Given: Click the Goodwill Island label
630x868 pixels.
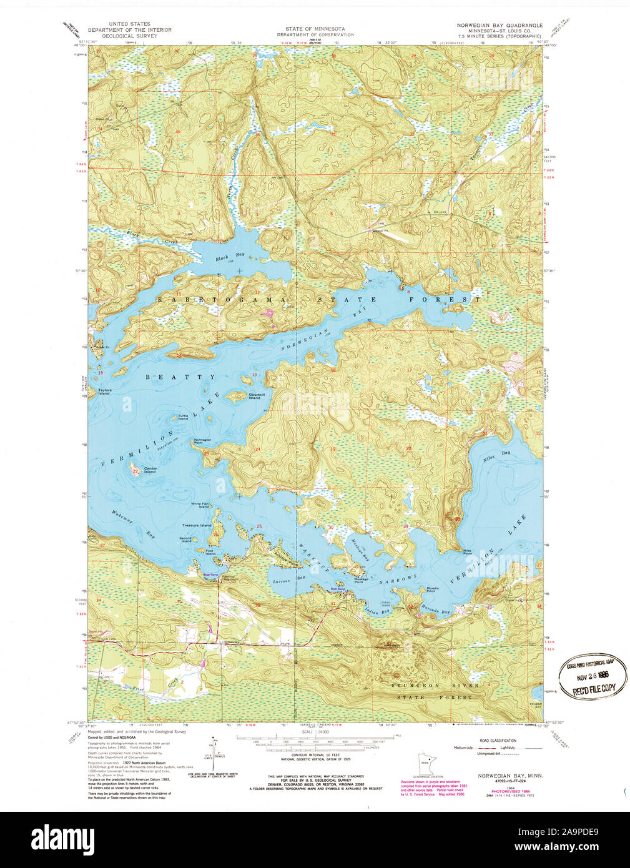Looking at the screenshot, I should tap(254, 397).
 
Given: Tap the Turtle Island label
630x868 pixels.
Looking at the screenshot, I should tap(182, 417).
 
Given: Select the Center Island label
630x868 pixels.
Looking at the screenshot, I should tap(150, 470).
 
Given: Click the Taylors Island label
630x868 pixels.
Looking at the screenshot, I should tap(104, 392).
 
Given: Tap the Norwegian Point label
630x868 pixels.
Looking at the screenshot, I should tap(202, 440).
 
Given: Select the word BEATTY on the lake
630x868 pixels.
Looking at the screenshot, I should tap(180, 377).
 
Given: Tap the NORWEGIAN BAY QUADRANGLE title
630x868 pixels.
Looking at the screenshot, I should tap(500, 26).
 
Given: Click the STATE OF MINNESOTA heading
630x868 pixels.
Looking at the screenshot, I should tap(315, 29).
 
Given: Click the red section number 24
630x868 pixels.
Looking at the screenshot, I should tap(257, 449).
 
